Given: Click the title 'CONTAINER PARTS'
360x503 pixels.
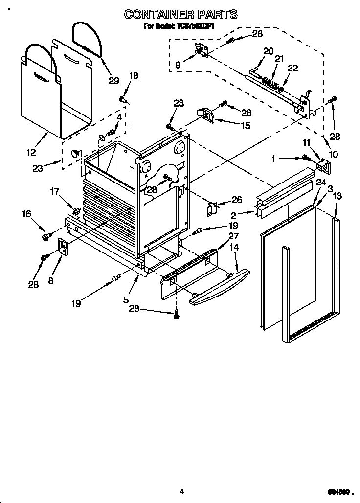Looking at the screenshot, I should pyautogui.click(x=181, y=14).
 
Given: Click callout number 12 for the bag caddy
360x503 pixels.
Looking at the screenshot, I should pyautogui.click(x=31, y=152).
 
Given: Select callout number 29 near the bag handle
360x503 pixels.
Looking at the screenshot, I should pyautogui.click(x=113, y=81).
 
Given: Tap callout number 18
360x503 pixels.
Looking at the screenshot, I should pyautogui.click(x=133, y=75).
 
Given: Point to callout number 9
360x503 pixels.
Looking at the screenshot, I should pyautogui.click(x=178, y=64).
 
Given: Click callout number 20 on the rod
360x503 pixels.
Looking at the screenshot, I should pyautogui.click(x=268, y=51).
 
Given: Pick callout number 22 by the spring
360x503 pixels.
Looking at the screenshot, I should pyautogui.click(x=292, y=69).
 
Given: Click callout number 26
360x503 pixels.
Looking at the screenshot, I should pyautogui.click(x=237, y=200).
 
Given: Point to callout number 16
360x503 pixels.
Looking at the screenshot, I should pyautogui.click(x=26, y=214).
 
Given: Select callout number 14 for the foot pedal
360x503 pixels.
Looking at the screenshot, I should pyautogui.click(x=234, y=248).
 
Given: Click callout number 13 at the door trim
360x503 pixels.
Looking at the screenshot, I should pyautogui.click(x=337, y=196).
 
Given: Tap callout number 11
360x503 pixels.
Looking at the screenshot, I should pyautogui.click(x=307, y=142).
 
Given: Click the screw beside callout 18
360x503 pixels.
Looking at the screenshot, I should pyautogui.click(x=122, y=100).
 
